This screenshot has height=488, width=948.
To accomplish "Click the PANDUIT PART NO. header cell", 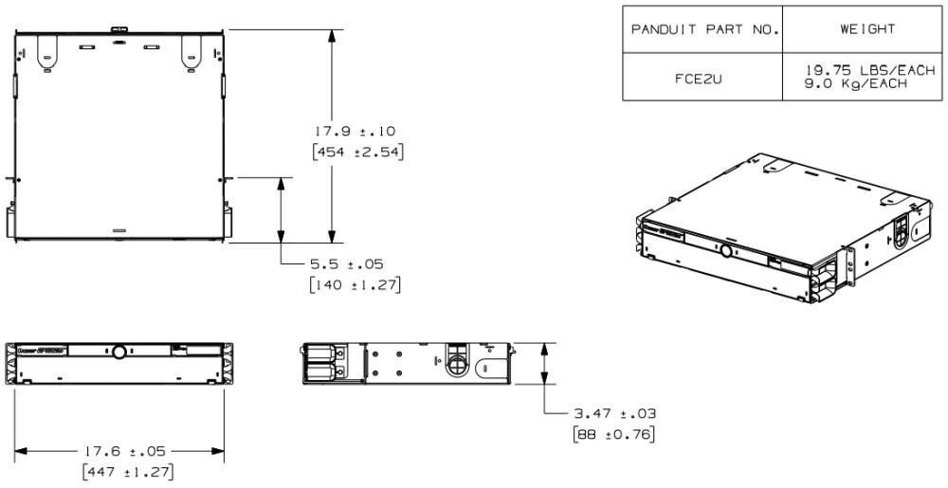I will point(702,29).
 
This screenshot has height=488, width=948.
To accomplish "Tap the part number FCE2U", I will point(702,78).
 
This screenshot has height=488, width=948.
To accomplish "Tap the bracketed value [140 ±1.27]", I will point(355,283).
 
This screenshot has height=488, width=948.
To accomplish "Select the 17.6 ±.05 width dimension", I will point(118,451).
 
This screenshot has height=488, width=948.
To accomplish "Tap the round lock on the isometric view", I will point(726,252).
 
